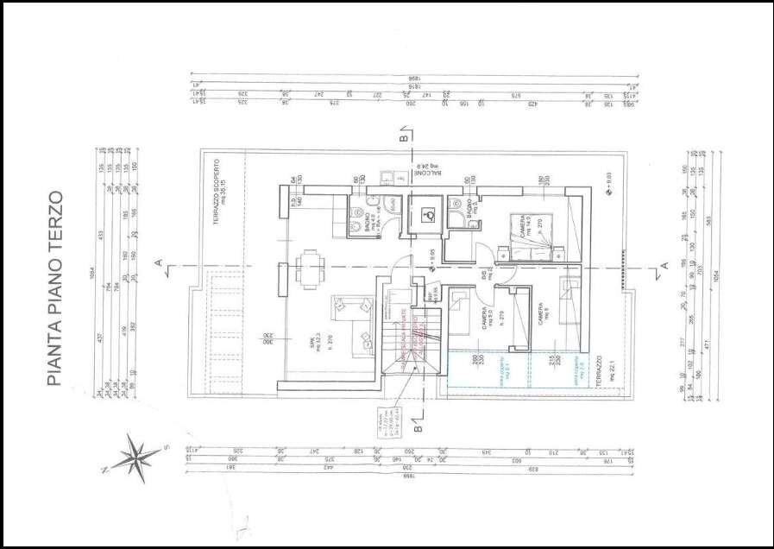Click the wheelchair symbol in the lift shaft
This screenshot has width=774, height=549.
[x=425, y=216]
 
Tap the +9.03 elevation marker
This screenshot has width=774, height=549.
[x=607, y=180]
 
